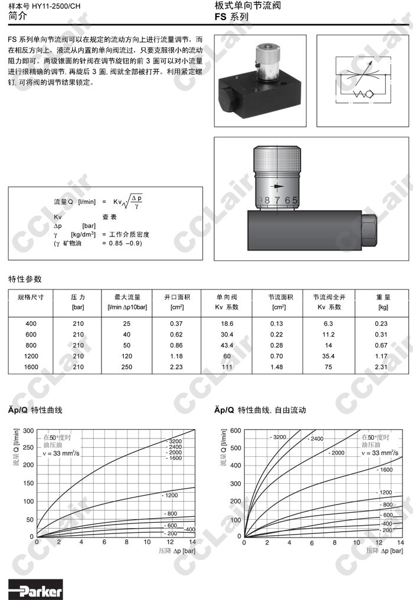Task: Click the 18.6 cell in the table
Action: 227,324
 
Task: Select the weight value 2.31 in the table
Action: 381,367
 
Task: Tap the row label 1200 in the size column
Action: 31,356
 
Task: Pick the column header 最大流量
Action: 127,297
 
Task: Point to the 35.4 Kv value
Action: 328,356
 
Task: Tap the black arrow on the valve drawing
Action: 277,187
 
